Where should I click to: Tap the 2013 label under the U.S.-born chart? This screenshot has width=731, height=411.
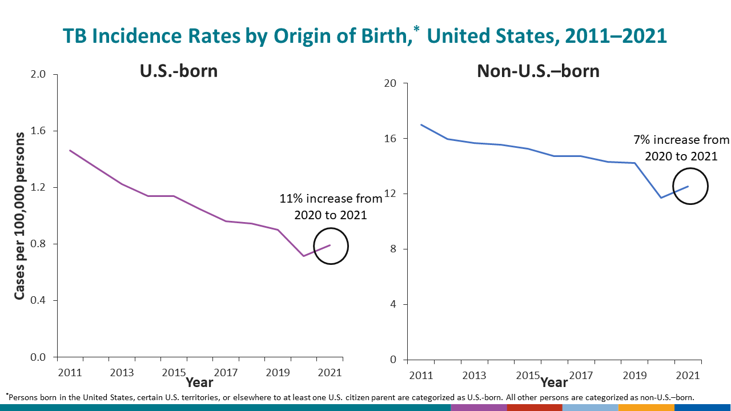pyautogui.click(x=122, y=373)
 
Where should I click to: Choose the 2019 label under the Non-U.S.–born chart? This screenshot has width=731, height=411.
pyautogui.click(x=634, y=376)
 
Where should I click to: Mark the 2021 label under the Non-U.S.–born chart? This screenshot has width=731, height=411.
pyautogui.click(x=688, y=376)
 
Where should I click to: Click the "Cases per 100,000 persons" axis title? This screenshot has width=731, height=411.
pyautogui.click(x=20, y=216)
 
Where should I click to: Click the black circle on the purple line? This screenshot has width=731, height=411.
pyautogui.click(x=331, y=246)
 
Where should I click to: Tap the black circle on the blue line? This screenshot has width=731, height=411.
pyautogui.click(x=690, y=186)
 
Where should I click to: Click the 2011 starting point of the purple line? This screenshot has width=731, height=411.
pyautogui.click(x=70, y=151)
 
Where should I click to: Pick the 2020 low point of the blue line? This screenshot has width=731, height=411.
pyautogui.click(x=661, y=198)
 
